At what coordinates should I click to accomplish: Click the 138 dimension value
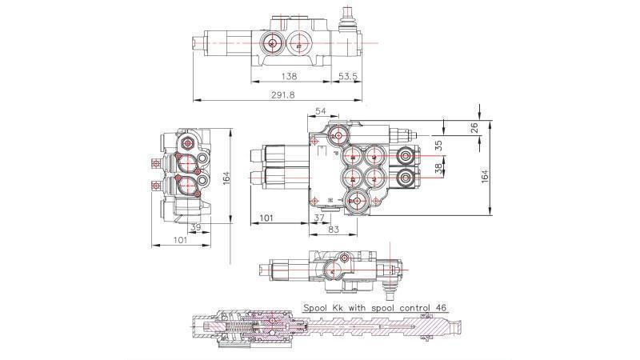(290, 76)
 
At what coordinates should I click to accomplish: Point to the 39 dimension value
(196, 228)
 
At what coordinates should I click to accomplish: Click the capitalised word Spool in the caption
(318, 306)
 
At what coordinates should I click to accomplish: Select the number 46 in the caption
(440, 306)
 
